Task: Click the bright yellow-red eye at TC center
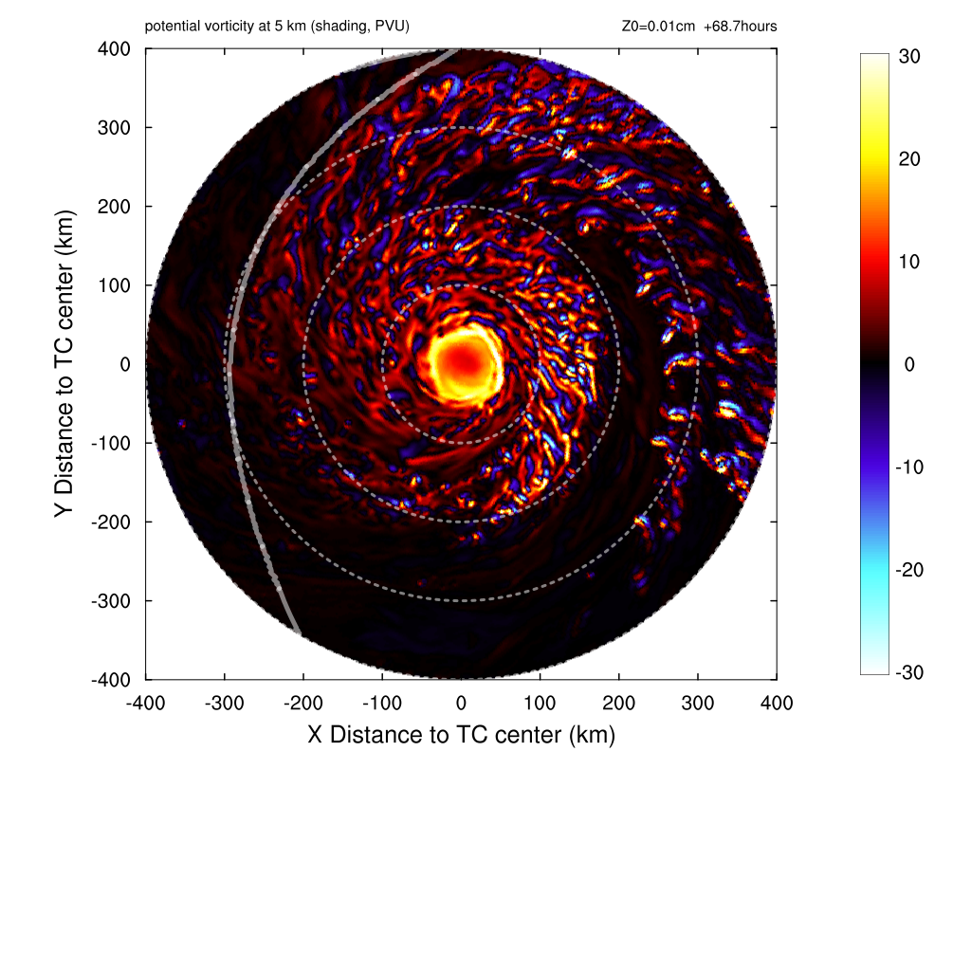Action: point(463,362)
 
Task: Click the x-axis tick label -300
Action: point(224,704)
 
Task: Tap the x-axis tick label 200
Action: point(619,704)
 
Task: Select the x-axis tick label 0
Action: point(462,704)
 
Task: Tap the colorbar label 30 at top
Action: point(908,57)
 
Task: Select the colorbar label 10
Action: point(908,262)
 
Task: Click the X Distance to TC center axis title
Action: point(462,735)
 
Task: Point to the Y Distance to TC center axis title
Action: point(64,364)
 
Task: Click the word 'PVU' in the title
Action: point(391,27)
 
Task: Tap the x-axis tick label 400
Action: point(777,704)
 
